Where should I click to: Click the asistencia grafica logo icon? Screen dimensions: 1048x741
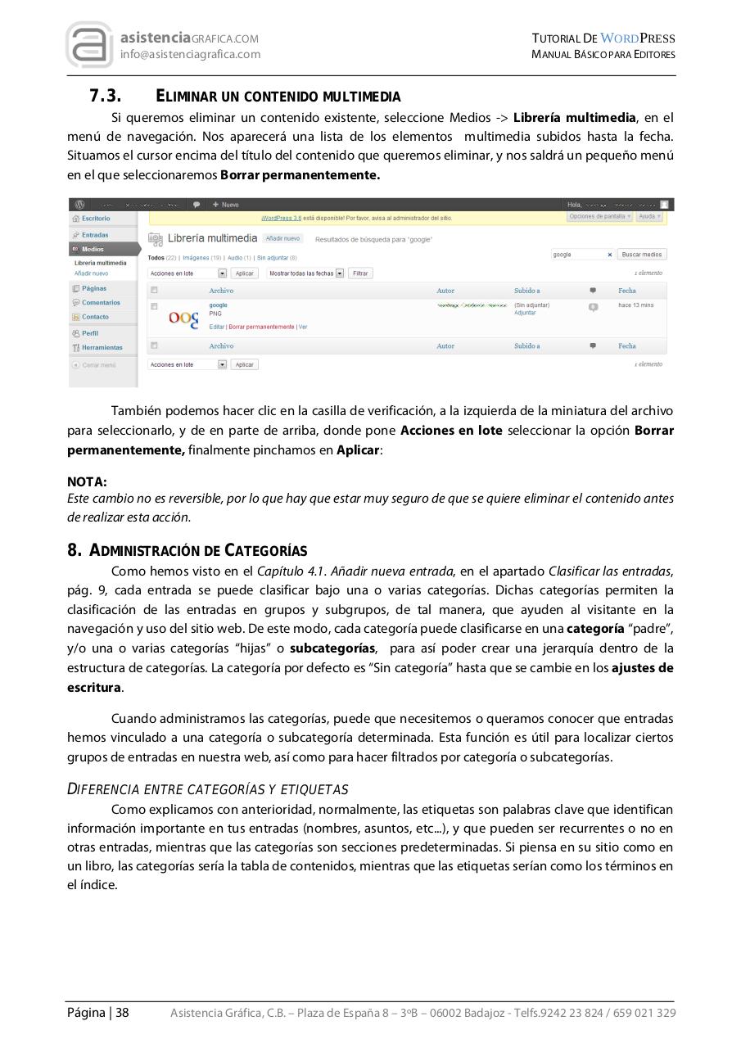89,45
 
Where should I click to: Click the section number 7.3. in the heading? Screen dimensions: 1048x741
106,97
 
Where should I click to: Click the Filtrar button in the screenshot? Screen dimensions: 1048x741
360,273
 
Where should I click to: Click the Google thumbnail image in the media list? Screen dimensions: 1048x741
183,318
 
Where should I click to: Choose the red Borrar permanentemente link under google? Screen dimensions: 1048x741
261,327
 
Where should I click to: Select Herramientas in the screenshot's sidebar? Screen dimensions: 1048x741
102,347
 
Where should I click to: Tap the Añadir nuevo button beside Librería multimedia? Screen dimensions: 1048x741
282,238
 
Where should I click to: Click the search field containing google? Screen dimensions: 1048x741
578,255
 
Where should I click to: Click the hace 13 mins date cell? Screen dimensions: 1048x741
635,305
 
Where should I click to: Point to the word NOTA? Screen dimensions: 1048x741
87,482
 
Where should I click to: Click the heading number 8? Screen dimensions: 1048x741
74,550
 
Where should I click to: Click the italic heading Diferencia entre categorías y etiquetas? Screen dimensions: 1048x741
207,789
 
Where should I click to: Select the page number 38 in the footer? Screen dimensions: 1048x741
122,1013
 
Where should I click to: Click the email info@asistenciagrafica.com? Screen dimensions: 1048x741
190,54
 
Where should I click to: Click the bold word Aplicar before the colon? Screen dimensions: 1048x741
357,450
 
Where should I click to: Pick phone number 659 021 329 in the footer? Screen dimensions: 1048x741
644,1013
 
